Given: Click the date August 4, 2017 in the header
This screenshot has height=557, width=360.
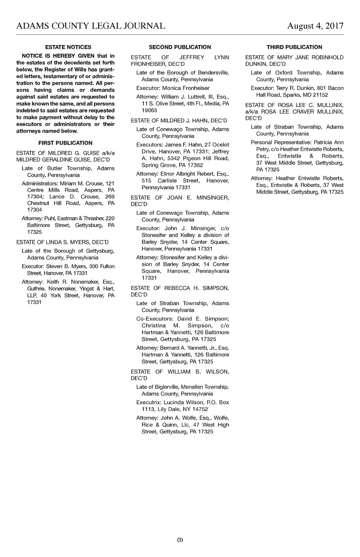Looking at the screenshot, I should point(315,26).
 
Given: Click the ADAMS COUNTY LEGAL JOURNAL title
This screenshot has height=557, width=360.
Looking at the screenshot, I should point(91,26).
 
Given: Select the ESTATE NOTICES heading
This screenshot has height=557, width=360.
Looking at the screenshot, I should point(68,47).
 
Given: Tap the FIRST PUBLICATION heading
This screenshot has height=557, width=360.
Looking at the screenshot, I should point(65,143).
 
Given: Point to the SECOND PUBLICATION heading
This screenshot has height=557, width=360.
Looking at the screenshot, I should point(180,47).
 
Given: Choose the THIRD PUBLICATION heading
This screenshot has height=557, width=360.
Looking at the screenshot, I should point(294,47).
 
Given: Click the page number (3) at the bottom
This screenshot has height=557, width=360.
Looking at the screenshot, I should point(180,540).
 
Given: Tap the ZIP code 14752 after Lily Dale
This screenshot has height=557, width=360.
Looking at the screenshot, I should point(200,409).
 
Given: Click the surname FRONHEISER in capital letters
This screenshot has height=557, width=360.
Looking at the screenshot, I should point(147,64).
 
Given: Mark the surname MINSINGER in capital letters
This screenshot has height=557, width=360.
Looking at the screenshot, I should point(213,198).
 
